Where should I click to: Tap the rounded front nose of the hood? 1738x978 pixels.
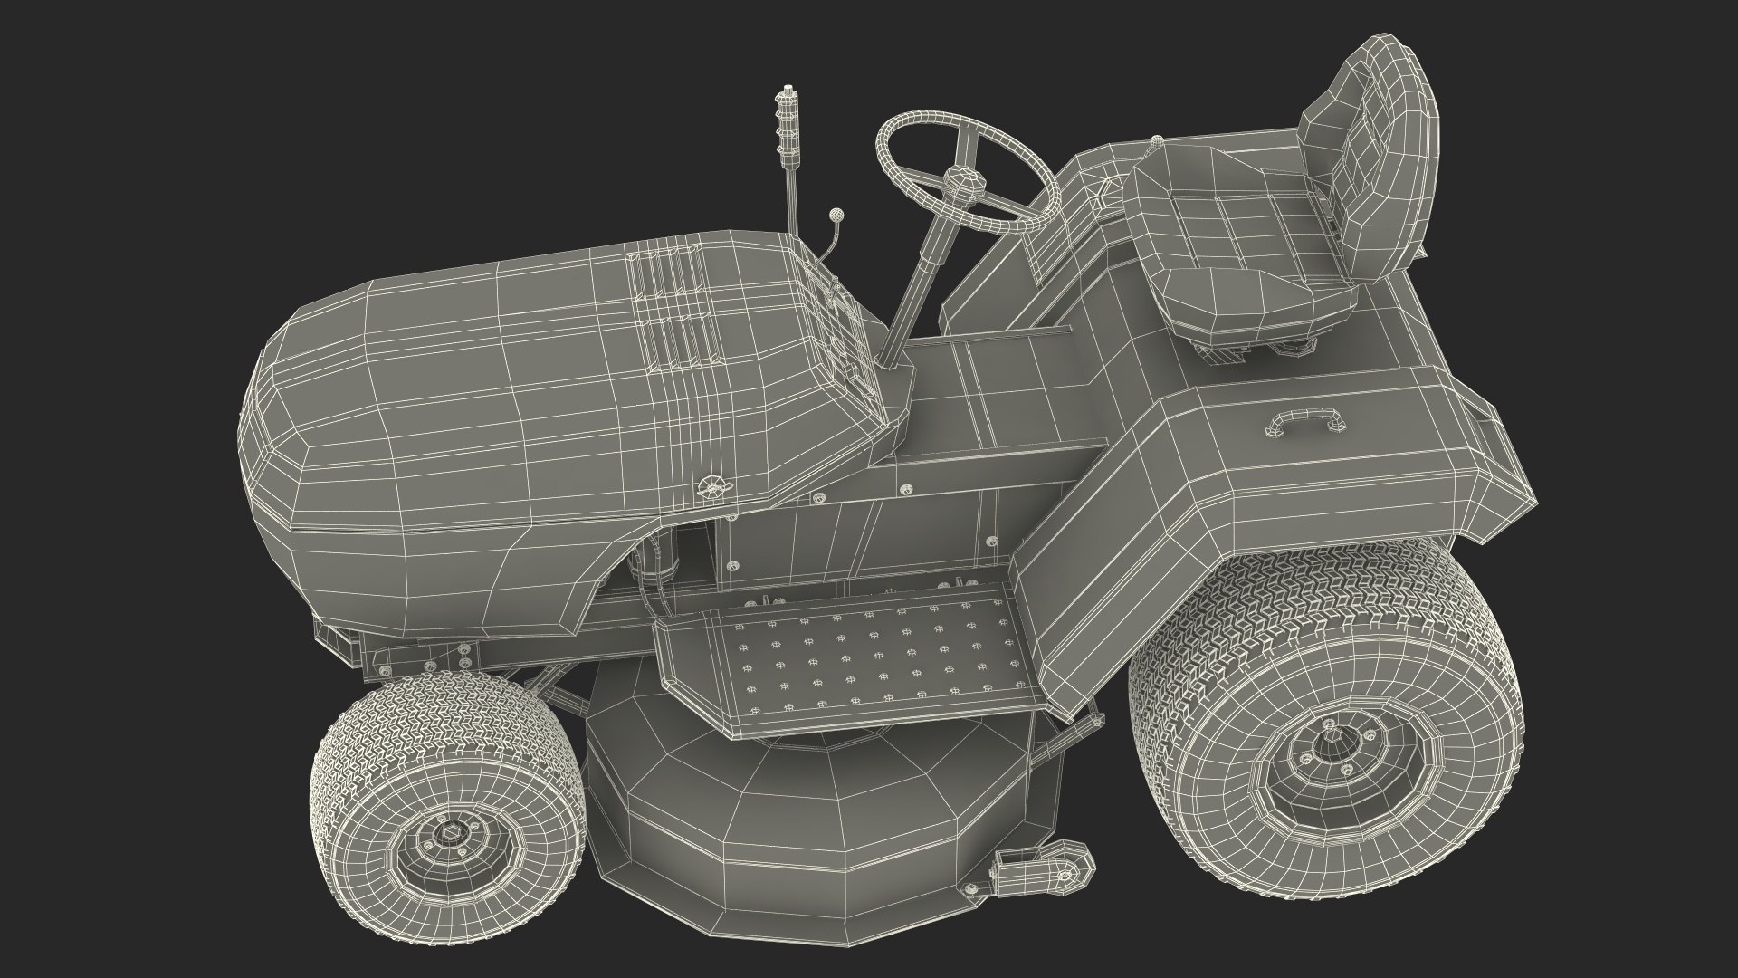pos(272,435)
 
